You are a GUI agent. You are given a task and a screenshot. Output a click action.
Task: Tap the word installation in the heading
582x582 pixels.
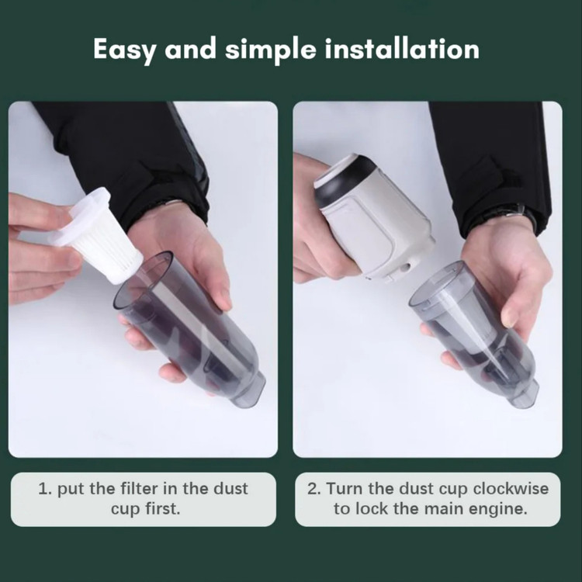tap(402, 49)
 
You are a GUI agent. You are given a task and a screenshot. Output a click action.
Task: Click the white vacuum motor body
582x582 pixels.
tap(374, 220)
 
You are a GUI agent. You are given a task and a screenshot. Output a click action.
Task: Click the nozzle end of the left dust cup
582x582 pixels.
tap(248, 389)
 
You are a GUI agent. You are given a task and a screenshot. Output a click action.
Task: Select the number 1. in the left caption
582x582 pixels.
tap(45, 489)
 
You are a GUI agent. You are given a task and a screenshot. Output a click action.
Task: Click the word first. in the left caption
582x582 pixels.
tap(163, 508)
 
